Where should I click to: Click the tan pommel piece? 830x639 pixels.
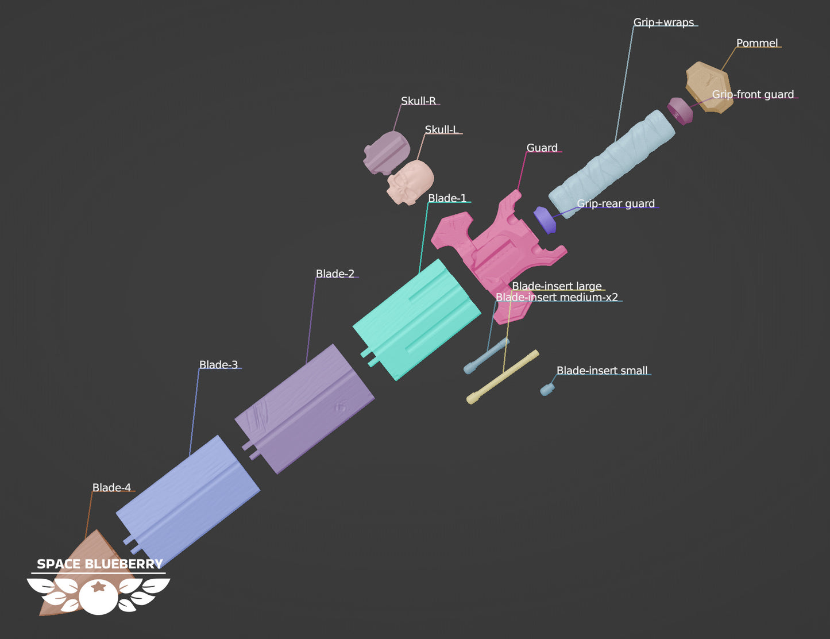tap(709, 88)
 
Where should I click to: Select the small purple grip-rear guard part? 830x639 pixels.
tap(545, 220)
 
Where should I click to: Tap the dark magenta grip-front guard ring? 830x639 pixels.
tap(680, 111)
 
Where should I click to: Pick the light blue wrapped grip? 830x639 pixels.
tap(612, 164)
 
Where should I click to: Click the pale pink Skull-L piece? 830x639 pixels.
tap(410, 182)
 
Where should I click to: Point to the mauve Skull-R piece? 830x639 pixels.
tap(387, 153)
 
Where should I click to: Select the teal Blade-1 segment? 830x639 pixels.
tap(416, 320)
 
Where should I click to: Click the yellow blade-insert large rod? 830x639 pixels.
tap(503, 376)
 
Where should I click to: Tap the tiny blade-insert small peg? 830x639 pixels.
tap(547, 390)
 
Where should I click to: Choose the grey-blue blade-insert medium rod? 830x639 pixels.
tap(486, 356)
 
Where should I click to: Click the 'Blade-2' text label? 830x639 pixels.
tap(335, 274)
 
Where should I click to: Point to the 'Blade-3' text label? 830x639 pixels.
tap(218, 364)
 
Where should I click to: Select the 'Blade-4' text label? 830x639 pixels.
tap(111, 487)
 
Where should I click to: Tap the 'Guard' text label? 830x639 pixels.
tap(542, 148)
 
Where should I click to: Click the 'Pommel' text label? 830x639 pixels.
tap(756, 43)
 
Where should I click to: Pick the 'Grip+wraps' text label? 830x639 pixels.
tap(663, 22)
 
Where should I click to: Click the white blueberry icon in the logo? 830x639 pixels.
tap(98, 596)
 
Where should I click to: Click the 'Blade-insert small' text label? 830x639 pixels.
tap(602, 370)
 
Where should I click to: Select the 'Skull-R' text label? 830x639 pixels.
tap(418, 101)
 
